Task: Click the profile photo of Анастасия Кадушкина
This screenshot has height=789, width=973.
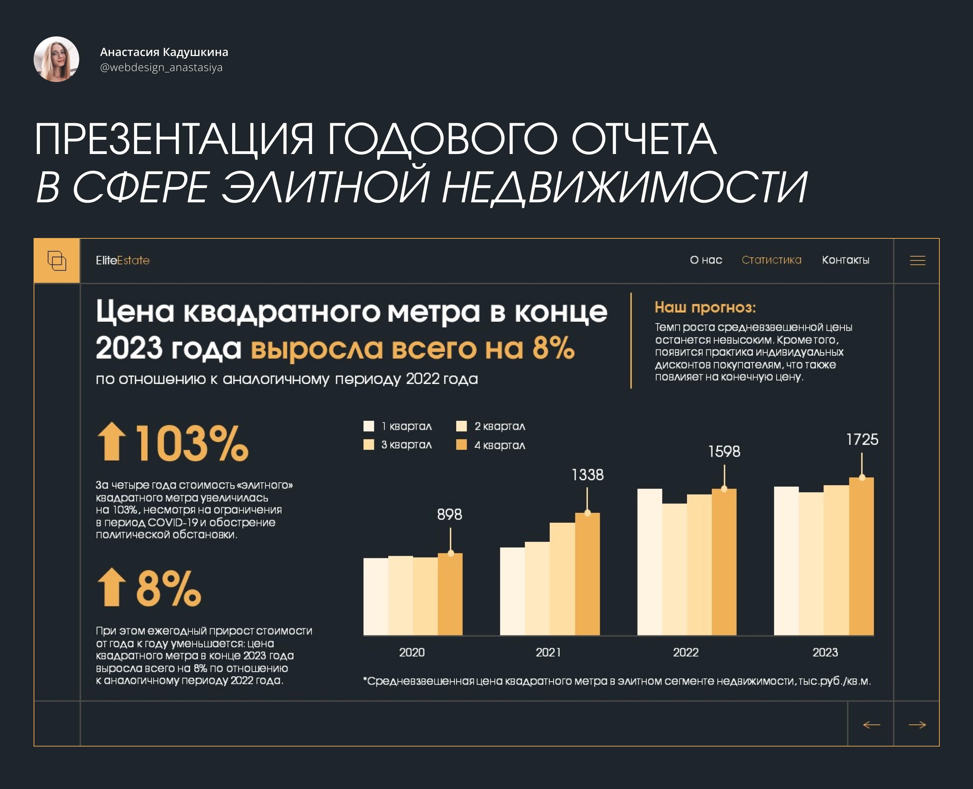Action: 56,59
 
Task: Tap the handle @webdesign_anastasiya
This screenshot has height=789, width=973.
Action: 161,67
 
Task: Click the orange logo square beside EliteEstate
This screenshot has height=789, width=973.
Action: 57,260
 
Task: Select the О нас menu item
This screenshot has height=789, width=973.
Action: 706,260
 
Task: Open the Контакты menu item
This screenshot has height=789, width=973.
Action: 845,260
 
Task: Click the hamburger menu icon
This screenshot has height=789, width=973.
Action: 917,260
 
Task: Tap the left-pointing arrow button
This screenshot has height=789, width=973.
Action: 871,725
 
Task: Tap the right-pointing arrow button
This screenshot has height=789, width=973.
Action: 917,725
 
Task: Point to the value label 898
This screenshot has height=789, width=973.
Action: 449,515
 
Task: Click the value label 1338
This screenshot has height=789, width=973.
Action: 588,475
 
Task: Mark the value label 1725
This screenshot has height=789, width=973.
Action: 862,440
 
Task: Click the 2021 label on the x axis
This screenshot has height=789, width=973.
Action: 548,652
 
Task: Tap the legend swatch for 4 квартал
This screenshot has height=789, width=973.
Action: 461,445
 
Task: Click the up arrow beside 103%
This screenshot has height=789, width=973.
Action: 111,442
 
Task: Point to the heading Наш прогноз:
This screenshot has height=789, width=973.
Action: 705,307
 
